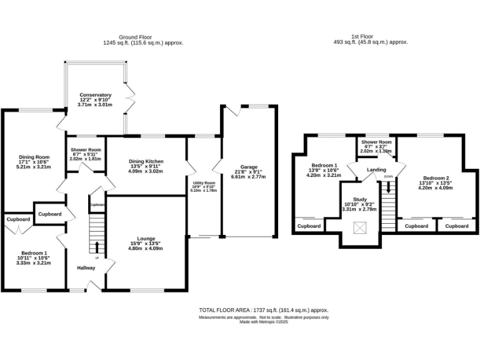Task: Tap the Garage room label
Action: coord(249,167)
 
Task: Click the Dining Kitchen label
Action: coord(145,161)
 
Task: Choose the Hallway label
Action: coord(86,268)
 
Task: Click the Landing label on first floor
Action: coord(377,170)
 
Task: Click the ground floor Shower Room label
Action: coord(86,150)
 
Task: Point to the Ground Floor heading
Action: coord(136,37)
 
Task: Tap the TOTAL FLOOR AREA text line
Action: coord(264,310)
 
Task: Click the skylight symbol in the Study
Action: coord(360,228)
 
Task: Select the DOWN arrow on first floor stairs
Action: coord(389,186)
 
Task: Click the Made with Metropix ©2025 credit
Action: coord(264,322)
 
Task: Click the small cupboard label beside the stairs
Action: coord(97,204)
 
